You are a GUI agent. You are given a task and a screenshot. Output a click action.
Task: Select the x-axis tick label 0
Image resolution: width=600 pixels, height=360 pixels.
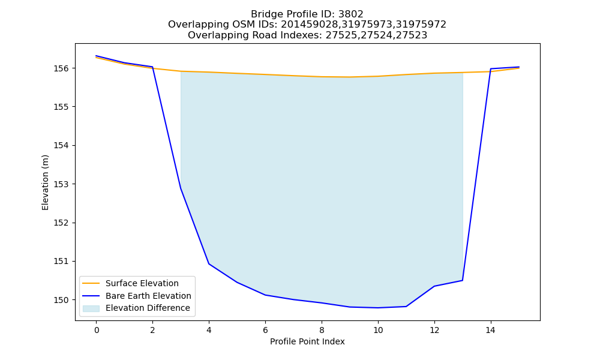pos(97,330)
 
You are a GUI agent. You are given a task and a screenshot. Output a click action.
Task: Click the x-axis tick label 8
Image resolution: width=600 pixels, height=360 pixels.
pos(322,330)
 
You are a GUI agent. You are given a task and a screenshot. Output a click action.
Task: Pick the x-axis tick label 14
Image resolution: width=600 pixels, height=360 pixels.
pos(491,330)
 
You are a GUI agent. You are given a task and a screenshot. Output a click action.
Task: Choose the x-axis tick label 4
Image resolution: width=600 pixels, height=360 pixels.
pos(209,330)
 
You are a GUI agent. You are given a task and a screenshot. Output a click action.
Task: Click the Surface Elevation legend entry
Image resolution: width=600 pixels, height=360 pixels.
pos(130,283)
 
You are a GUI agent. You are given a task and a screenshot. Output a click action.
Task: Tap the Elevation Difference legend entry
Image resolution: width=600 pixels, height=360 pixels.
pos(136,308)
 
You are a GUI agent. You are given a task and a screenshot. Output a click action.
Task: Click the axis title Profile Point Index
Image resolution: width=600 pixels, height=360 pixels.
pos(307,341)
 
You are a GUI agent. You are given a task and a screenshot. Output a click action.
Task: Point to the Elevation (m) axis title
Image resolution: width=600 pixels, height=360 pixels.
pos(45,182)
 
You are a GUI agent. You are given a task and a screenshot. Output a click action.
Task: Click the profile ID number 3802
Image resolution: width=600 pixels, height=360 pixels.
pos(351,14)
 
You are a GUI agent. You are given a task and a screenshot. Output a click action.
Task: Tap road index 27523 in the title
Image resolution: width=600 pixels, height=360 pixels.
pos(415,35)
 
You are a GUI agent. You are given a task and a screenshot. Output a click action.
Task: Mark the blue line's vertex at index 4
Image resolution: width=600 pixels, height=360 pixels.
pos(209,264)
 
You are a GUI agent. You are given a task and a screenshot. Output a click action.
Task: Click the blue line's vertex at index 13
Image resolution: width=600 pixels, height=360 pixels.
pos(463,280)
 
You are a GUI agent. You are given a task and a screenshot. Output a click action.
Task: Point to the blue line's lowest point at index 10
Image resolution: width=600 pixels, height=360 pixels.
pos(378,308)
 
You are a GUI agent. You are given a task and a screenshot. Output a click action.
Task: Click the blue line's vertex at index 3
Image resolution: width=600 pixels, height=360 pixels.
pos(181,188)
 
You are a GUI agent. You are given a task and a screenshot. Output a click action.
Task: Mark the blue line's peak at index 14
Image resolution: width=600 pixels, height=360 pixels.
pos(491,69)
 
